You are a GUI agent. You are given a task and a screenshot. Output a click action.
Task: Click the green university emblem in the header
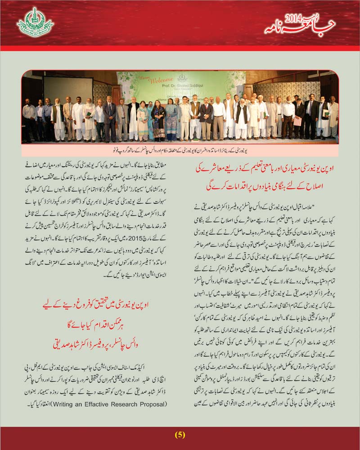point(35,22)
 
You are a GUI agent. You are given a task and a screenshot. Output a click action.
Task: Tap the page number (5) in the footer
point(180,435)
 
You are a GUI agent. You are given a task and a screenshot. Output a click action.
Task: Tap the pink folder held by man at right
point(297,121)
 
